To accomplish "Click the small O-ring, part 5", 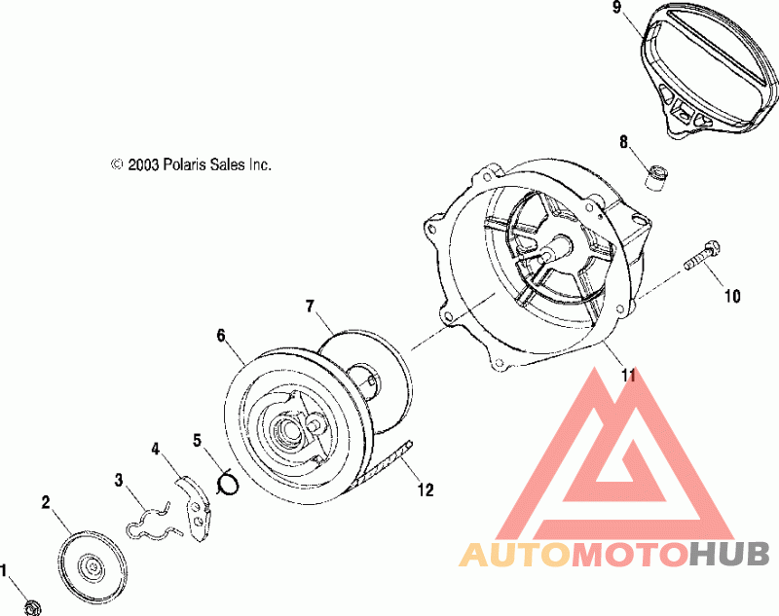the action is tap(228, 483).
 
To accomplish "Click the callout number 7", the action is tap(310, 307).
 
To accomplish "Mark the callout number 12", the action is tap(426, 489).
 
